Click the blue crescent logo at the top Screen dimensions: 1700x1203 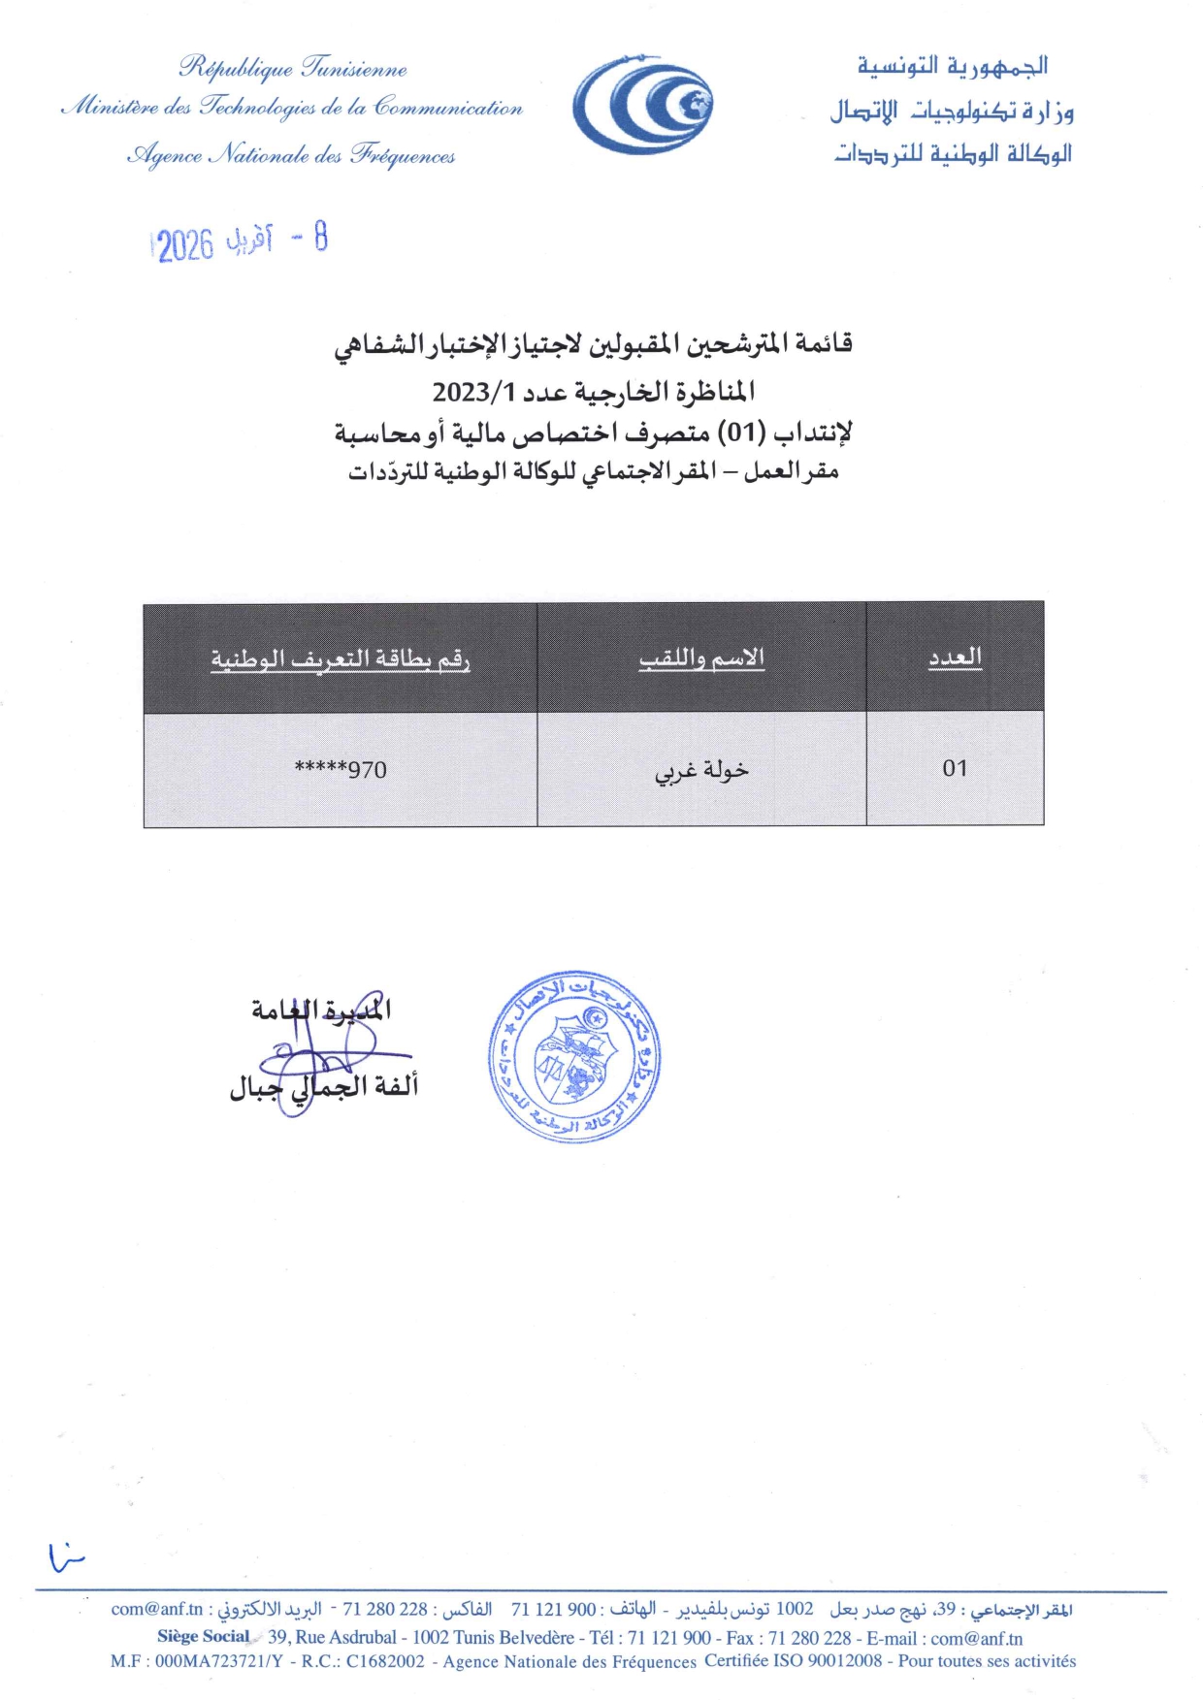point(642,105)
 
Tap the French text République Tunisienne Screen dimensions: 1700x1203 point(293,68)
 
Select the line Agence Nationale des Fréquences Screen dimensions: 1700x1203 point(291,155)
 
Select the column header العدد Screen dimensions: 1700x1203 point(955,658)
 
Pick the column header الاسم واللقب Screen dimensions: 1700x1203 point(701,658)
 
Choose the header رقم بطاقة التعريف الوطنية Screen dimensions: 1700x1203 point(341,659)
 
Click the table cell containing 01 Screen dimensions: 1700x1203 point(955,769)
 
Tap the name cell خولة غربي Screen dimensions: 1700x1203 point(701,770)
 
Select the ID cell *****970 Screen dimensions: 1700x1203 point(341,770)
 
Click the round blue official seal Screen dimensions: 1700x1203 point(574,1057)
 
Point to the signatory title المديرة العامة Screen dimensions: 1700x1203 point(321,1010)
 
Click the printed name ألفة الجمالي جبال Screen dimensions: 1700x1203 point(323,1087)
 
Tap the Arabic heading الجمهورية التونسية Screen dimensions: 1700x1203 point(952,66)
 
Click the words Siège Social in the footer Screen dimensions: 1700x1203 point(204,1636)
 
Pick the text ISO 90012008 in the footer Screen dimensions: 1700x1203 point(828,1660)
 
